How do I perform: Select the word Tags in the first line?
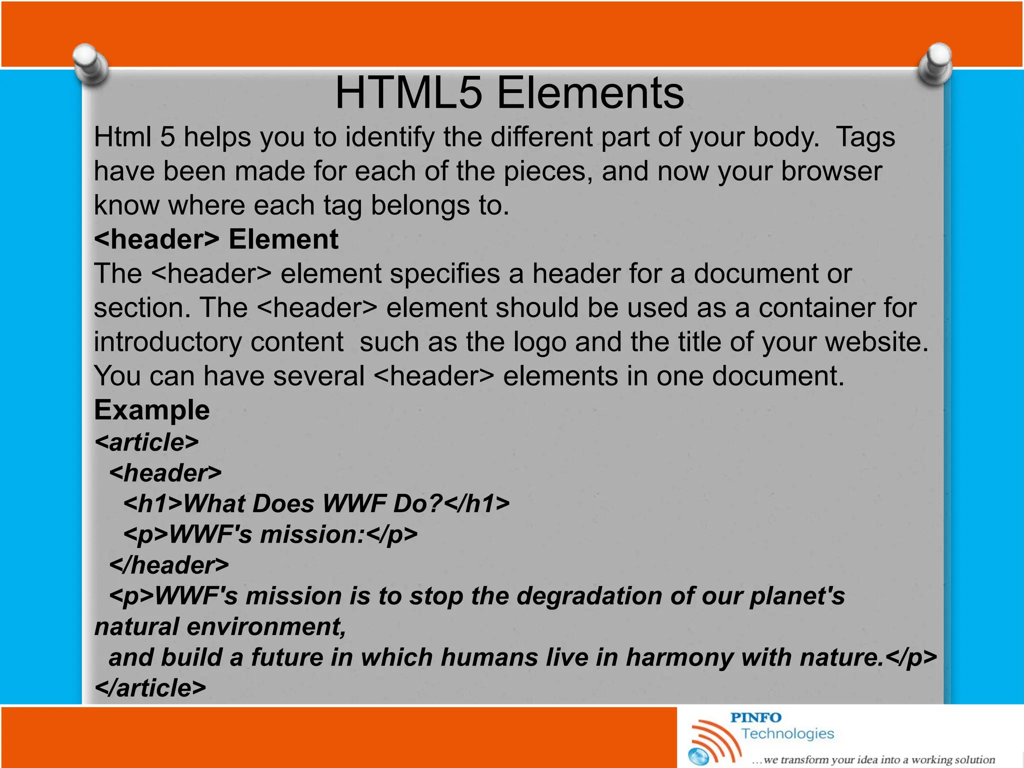(x=865, y=137)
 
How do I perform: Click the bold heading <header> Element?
(x=216, y=239)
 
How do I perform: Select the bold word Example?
(x=152, y=410)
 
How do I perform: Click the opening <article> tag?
(x=146, y=442)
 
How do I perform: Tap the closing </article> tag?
(x=150, y=688)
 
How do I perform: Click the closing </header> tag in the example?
(x=169, y=565)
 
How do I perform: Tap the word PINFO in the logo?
(x=756, y=717)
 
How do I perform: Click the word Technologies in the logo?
(x=787, y=733)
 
